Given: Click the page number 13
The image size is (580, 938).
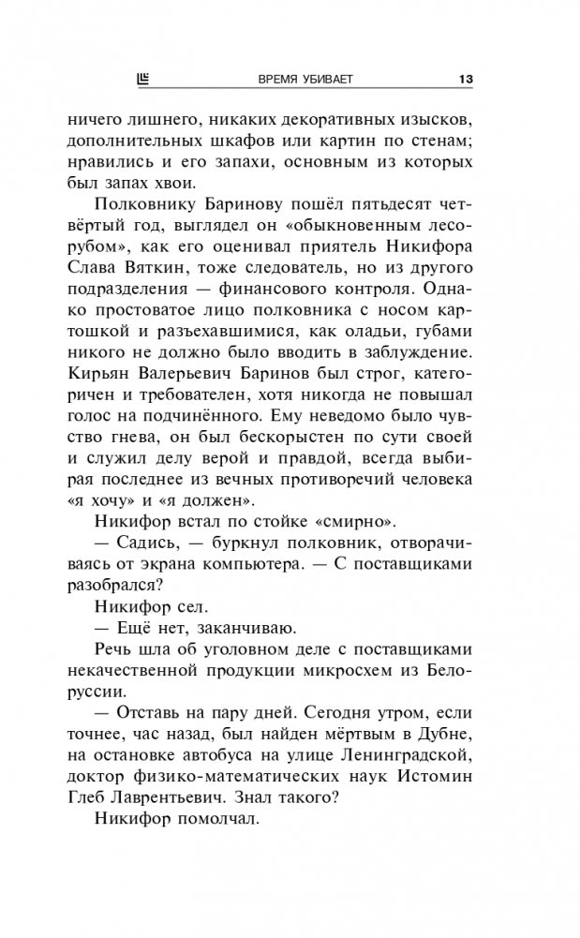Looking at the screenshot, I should click(x=465, y=79).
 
